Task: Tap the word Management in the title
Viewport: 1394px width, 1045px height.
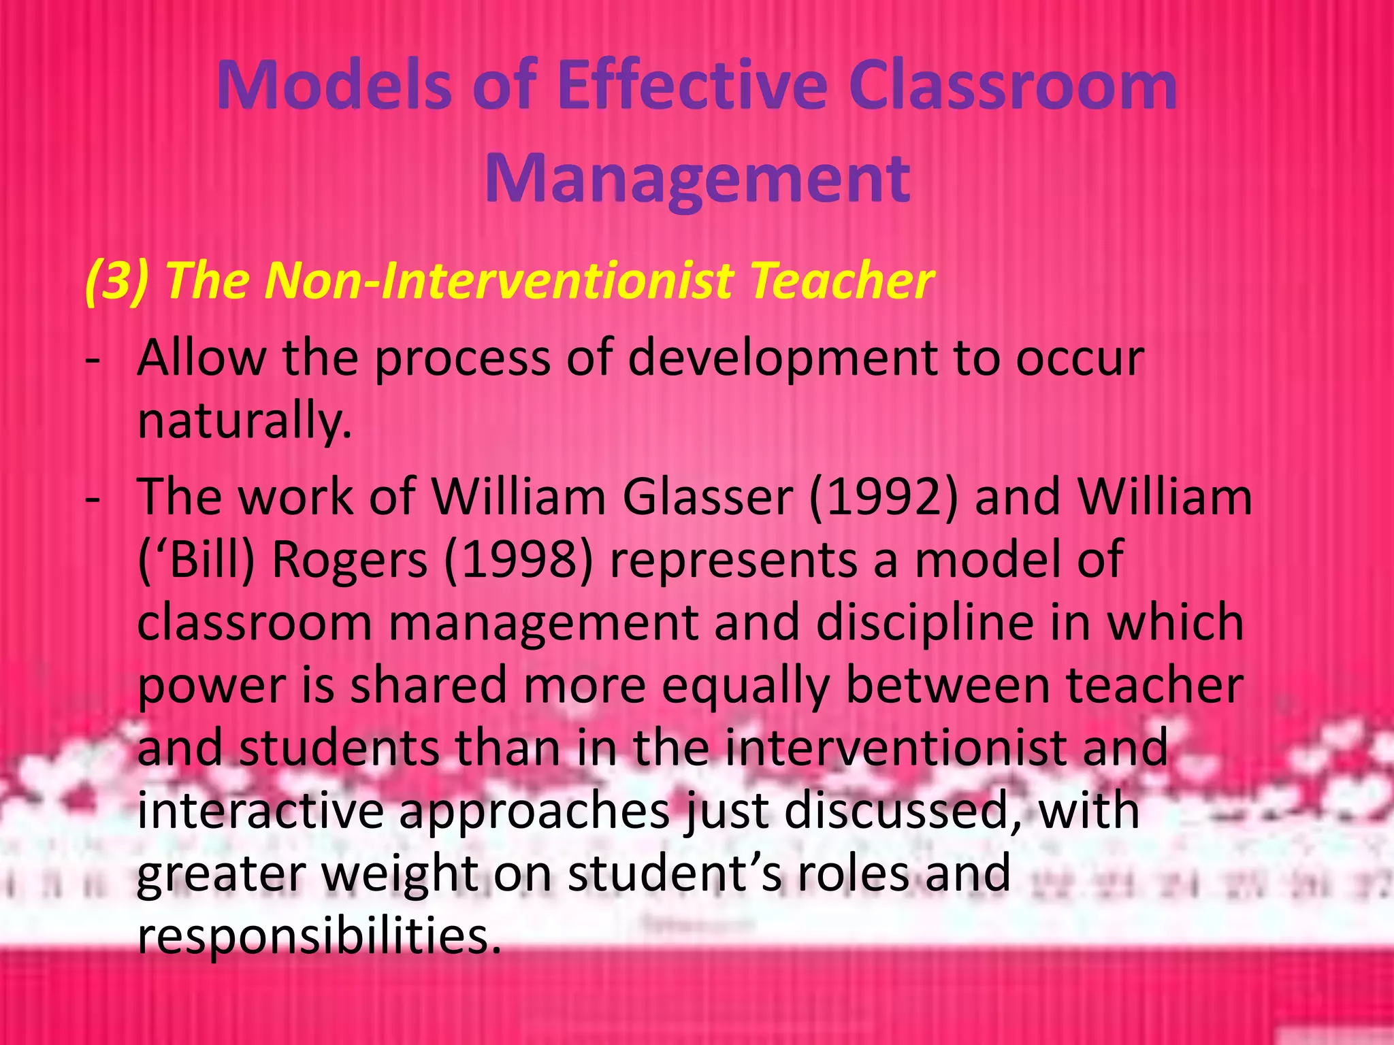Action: coord(697,178)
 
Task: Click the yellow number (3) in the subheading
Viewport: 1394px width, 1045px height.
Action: coord(116,280)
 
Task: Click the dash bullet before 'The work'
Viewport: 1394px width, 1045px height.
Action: coord(93,498)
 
